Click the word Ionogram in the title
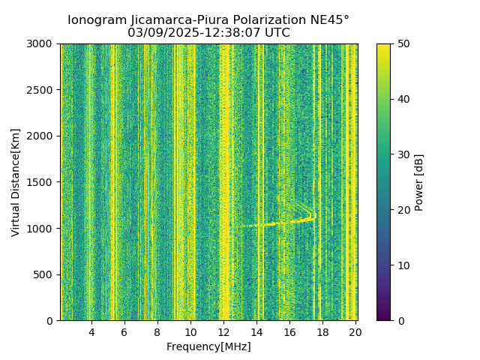(x=97, y=20)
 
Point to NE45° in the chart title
(x=326, y=20)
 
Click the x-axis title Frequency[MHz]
(x=208, y=346)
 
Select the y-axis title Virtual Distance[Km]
(x=16, y=182)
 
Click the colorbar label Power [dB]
(x=419, y=182)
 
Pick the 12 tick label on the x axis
(x=224, y=331)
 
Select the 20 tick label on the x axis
(x=355, y=331)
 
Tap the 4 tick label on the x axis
(x=91, y=331)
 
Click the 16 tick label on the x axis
(x=290, y=331)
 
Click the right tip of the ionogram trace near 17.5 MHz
(x=314, y=216)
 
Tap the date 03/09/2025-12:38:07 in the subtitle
(x=208, y=33)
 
